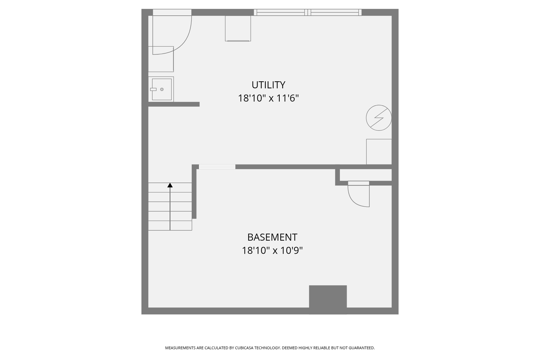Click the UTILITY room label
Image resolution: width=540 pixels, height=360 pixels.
(x=268, y=85)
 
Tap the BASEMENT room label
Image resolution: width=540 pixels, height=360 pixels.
(x=272, y=237)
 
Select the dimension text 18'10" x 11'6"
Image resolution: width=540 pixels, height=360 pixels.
(x=268, y=98)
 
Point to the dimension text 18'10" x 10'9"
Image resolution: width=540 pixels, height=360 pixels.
(x=272, y=250)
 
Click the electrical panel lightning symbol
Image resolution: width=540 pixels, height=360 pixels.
(x=379, y=118)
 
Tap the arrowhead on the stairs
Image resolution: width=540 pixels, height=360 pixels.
(x=170, y=185)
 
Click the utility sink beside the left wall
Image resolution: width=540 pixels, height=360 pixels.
(x=162, y=89)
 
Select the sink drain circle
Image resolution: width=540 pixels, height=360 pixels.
(x=162, y=89)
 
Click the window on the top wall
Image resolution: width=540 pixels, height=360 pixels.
(x=308, y=12)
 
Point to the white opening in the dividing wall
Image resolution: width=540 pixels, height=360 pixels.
(x=217, y=167)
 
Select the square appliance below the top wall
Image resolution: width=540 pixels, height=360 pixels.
(x=238, y=28)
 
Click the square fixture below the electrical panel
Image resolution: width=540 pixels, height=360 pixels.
(x=379, y=152)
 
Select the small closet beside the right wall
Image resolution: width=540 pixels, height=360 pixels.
(x=365, y=175)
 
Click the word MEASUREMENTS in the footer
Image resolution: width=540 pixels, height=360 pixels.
(x=180, y=348)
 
